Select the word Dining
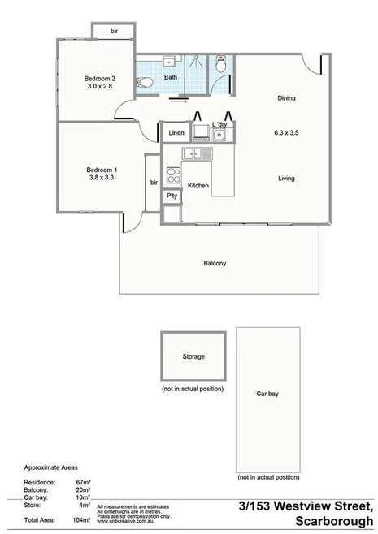[x=286, y=99]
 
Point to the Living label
[x=286, y=178]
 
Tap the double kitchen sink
[x=197, y=153]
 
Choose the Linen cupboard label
[x=176, y=132]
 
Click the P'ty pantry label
[x=172, y=196]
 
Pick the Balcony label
[x=215, y=263]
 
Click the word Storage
[x=193, y=356]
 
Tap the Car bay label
[x=267, y=394]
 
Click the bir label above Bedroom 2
[x=114, y=32]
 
